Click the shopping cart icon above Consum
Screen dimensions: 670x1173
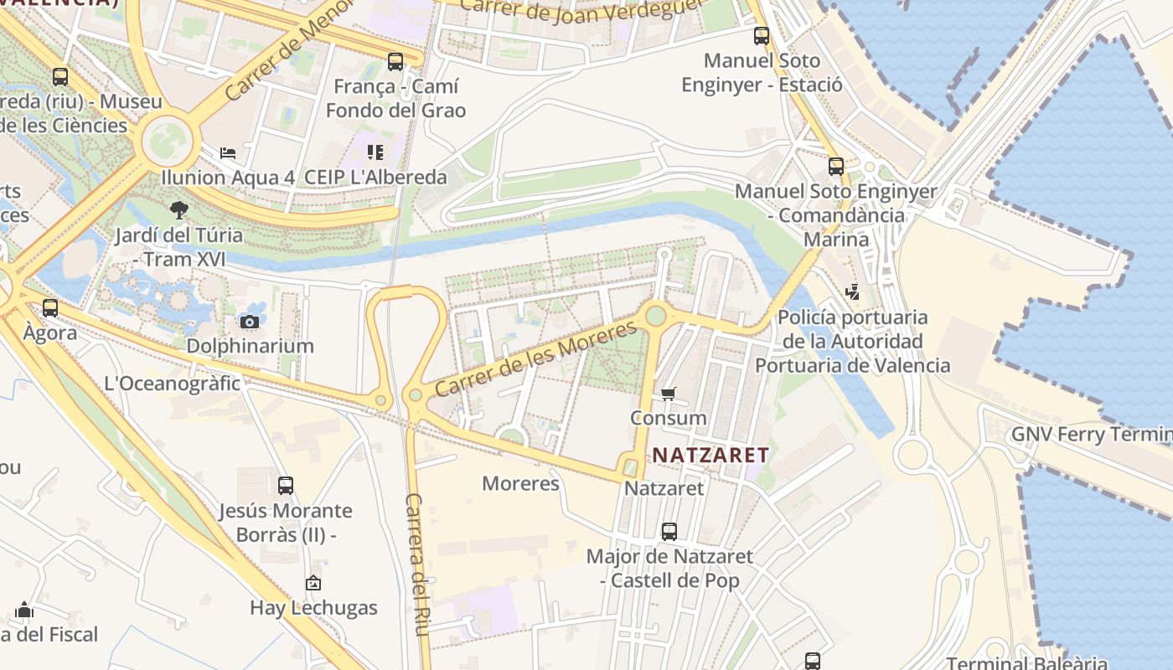click(668, 394)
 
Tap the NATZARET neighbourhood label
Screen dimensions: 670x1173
click(711, 455)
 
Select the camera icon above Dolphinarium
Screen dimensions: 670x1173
click(249, 322)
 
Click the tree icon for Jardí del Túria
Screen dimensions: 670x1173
click(178, 209)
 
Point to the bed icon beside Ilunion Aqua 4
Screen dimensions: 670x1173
click(227, 153)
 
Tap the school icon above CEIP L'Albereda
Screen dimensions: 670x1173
click(375, 152)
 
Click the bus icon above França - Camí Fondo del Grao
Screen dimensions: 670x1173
click(395, 61)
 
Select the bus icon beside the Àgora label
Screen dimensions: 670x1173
click(50, 308)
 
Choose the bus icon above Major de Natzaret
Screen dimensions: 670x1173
click(669, 531)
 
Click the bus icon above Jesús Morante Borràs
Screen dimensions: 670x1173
click(285, 485)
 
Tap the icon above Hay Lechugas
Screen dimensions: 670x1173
click(313, 583)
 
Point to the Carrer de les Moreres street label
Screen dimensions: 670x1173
click(535, 359)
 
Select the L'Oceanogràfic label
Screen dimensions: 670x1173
click(172, 384)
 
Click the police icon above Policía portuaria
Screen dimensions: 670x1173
click(852, 292)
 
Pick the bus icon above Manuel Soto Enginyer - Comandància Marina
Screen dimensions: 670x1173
click(835, 166)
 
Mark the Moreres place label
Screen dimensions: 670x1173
click(520, 483)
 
